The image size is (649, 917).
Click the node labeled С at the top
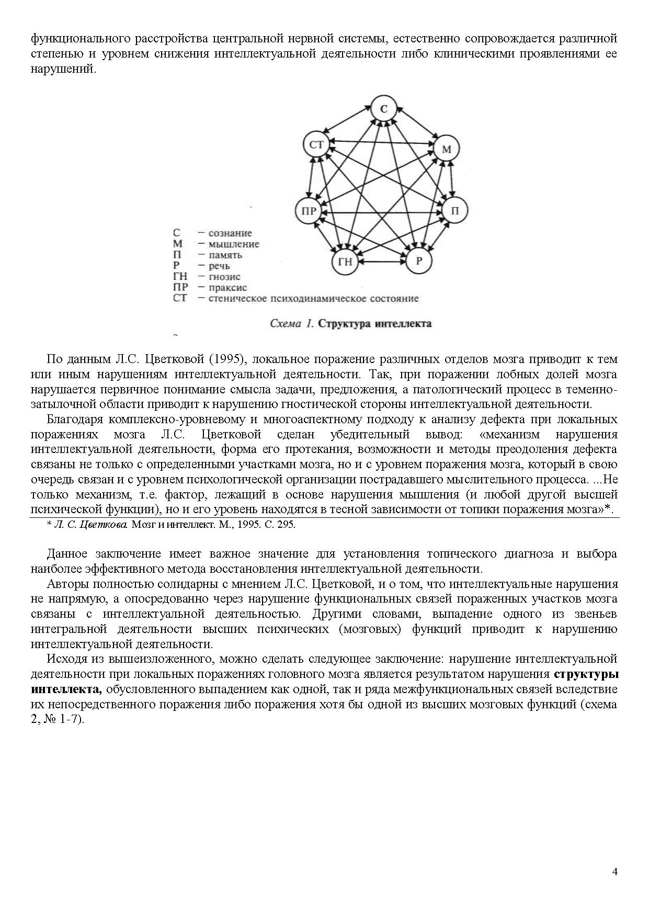(x=384, y=109)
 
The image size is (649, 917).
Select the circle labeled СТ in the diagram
(x=317, y=144)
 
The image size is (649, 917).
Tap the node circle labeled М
(x=446, y=150)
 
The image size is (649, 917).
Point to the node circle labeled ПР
(x=309, y=211)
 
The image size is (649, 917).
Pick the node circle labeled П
(x=454, y=211)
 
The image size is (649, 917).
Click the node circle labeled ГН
(x=345, y=262)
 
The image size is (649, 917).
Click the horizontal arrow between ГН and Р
(x=382, y=262)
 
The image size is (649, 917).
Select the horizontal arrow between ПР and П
(x=382, y=212)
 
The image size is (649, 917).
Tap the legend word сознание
(x=230, y=233)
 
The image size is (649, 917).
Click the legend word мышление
(x=234, y=244)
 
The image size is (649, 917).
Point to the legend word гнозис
(x=224, y=277)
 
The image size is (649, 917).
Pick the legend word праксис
(x=227, y=288)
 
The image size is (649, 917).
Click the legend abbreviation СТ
(x=179, y=299)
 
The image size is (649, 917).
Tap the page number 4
(x=614, y=871)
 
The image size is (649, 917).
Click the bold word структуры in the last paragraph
(x=585, y=674)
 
